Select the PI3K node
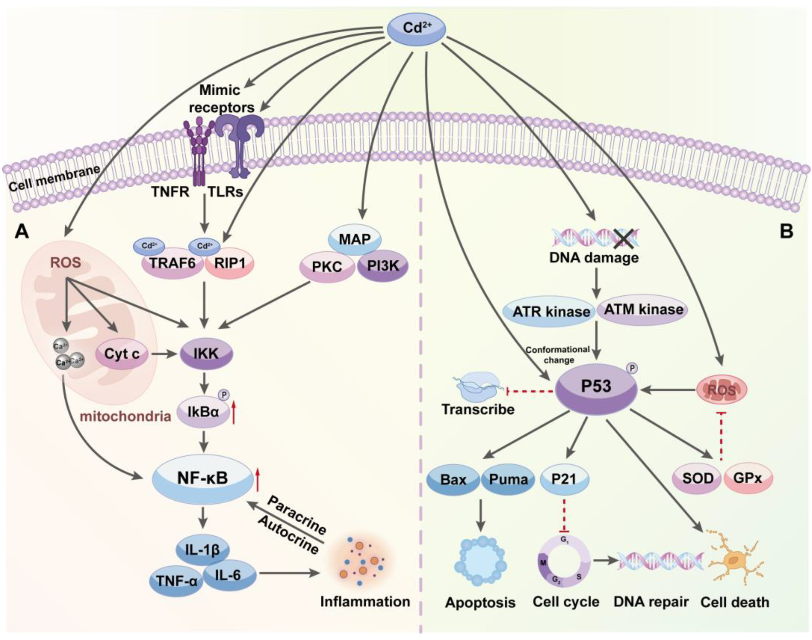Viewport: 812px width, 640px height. point(383,266)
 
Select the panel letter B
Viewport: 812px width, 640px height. point(786,232)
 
